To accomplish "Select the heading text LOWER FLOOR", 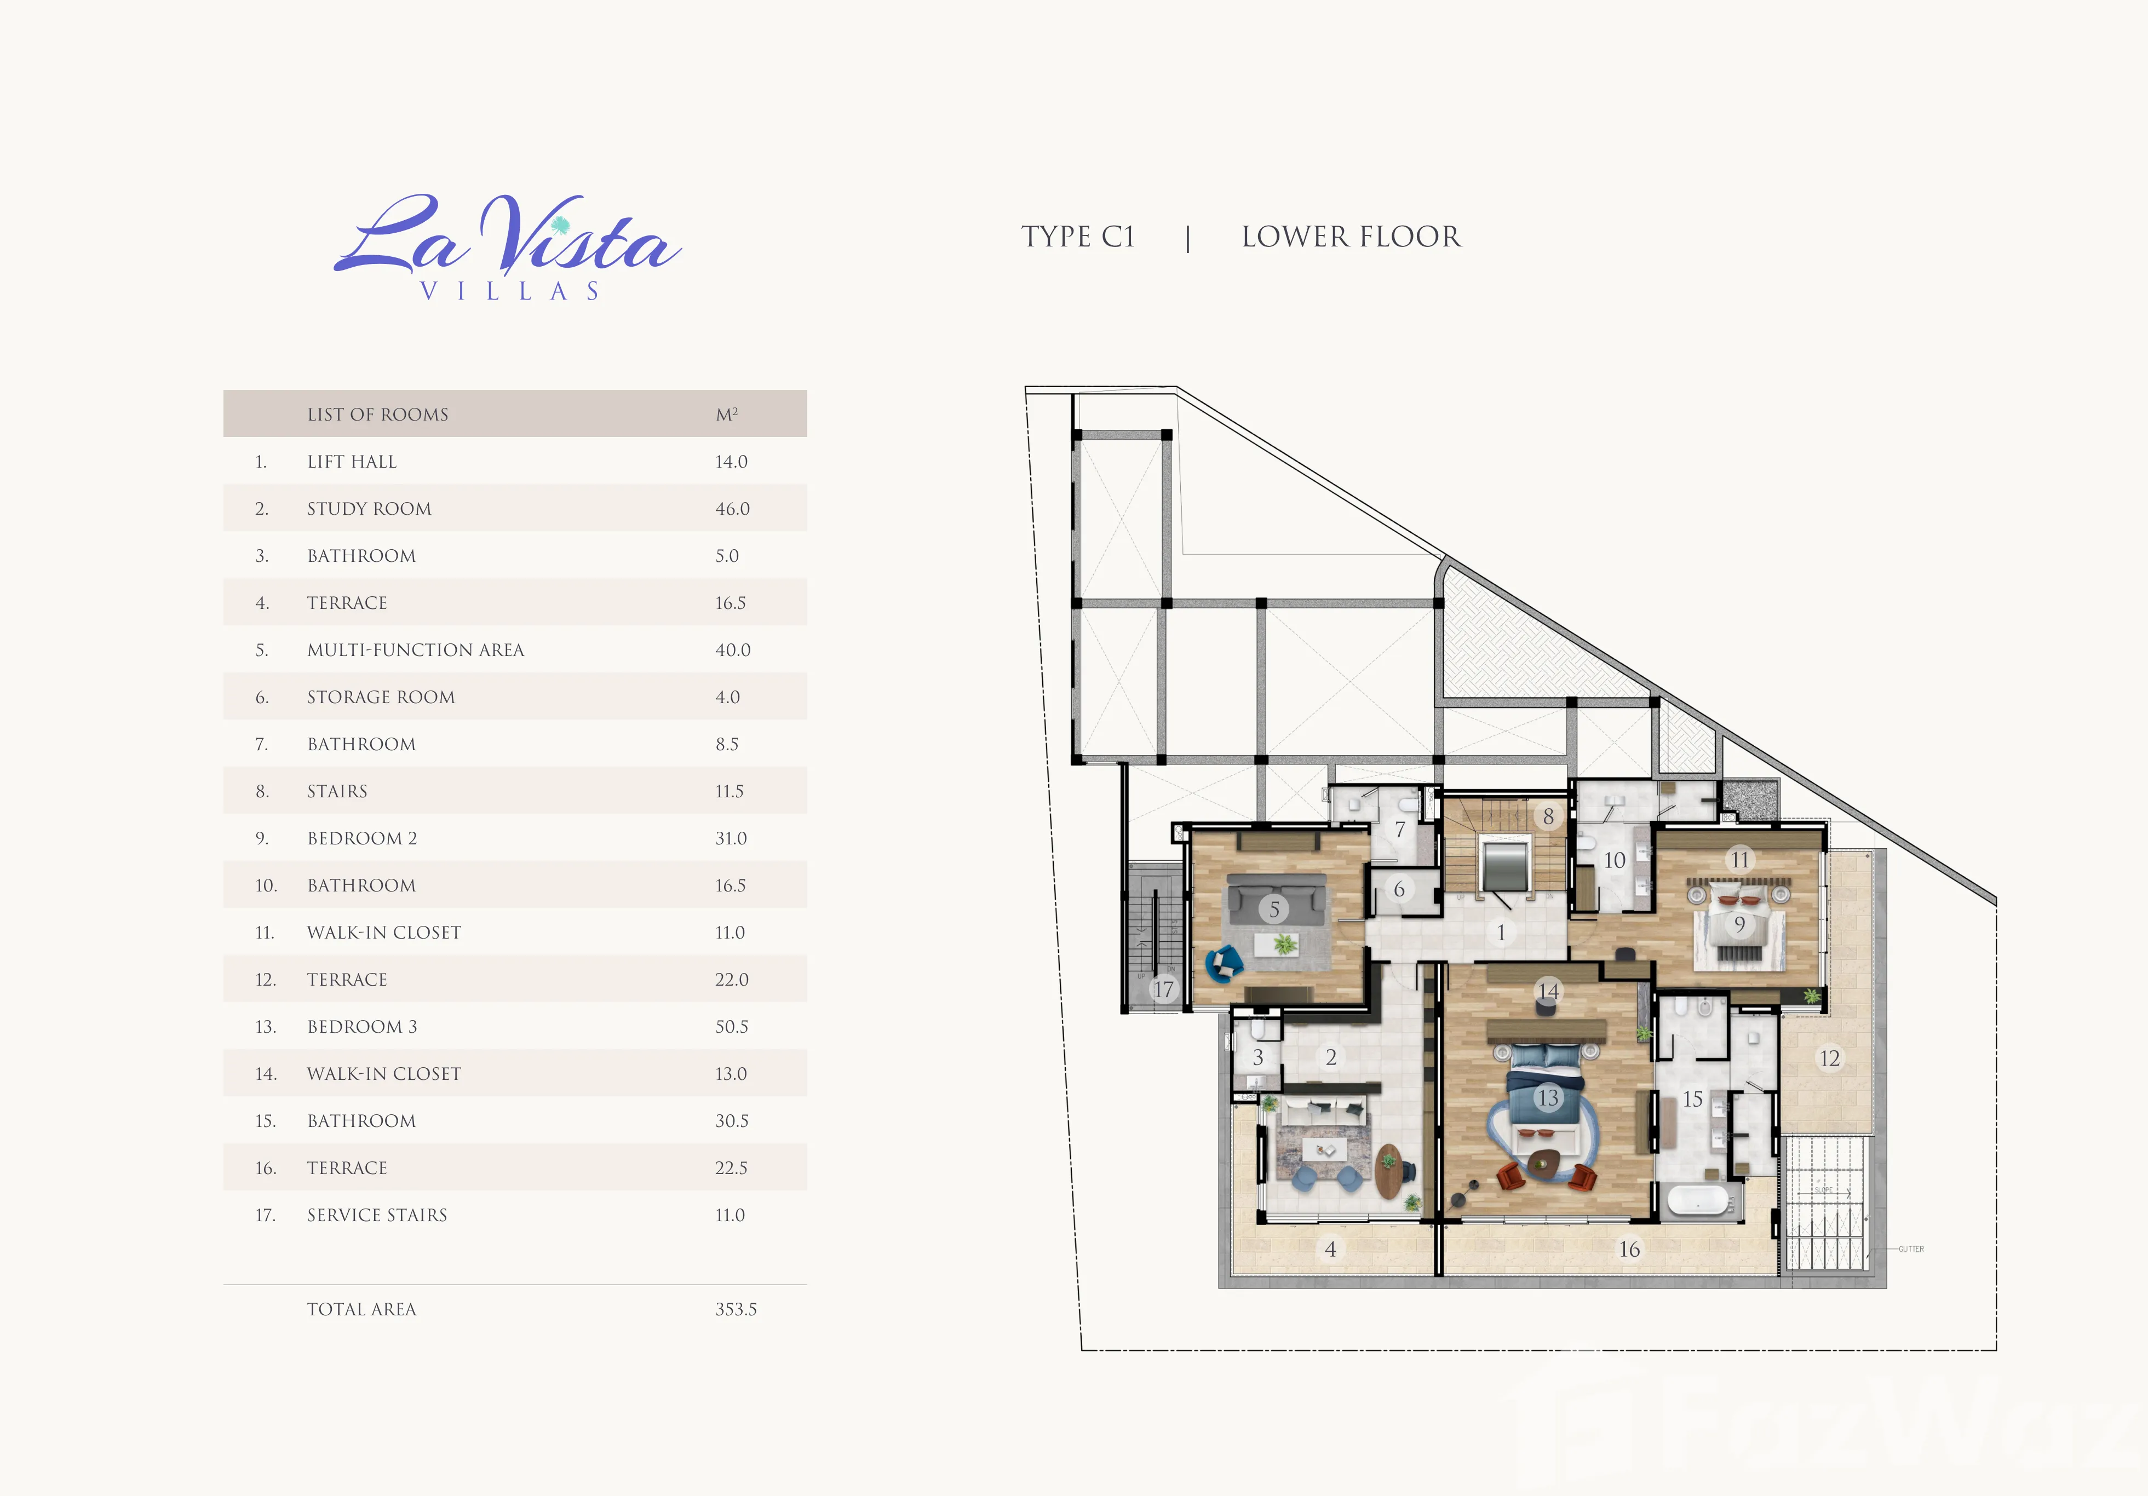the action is [x=1351, y=237].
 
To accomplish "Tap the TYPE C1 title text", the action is [x=1078, y=237].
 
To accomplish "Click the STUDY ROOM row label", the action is [x=370, y=509].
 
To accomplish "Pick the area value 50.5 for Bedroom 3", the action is [x=732, y=1026].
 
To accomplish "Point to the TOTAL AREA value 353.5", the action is [x=736, y=1309].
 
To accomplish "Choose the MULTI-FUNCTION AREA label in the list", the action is [x=415, y=650].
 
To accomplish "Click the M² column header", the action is [x=727, y=413].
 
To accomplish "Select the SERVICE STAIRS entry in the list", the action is [x=377, y=1215].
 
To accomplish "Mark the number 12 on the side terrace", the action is [x=1829, y=1058].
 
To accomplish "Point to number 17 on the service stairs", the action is [x=1163, y=989].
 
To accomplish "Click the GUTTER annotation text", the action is [x=1911, y=1249].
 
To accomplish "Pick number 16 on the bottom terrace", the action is [x=1629, y=1249].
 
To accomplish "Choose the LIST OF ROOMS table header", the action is [x=378, y=415].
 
